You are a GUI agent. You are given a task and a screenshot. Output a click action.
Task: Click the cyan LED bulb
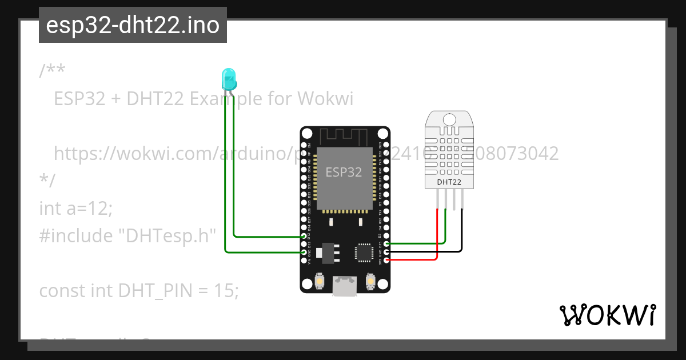click(x=229, y=79)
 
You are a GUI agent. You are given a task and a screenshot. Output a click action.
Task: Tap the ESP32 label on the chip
click(x=344, y=171)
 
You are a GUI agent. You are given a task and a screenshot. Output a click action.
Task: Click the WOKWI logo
click(x=607, y=315)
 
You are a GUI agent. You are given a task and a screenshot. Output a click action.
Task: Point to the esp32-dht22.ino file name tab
click(x=133, y=25)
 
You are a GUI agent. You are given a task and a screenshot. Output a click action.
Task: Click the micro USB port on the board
click(x=345, y=285)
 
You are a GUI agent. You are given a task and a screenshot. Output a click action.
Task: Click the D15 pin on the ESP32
click(x=388, y=244)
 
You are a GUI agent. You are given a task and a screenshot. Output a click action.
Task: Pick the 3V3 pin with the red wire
click(x=388, y=261)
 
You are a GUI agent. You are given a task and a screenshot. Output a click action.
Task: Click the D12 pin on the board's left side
click(x=304, y=235)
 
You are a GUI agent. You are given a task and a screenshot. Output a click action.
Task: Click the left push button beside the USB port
click(x=320, y=281)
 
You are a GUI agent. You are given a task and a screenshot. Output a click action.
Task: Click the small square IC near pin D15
click(x=364, y=252)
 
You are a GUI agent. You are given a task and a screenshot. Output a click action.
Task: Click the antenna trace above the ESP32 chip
click(x=343, y=137)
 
